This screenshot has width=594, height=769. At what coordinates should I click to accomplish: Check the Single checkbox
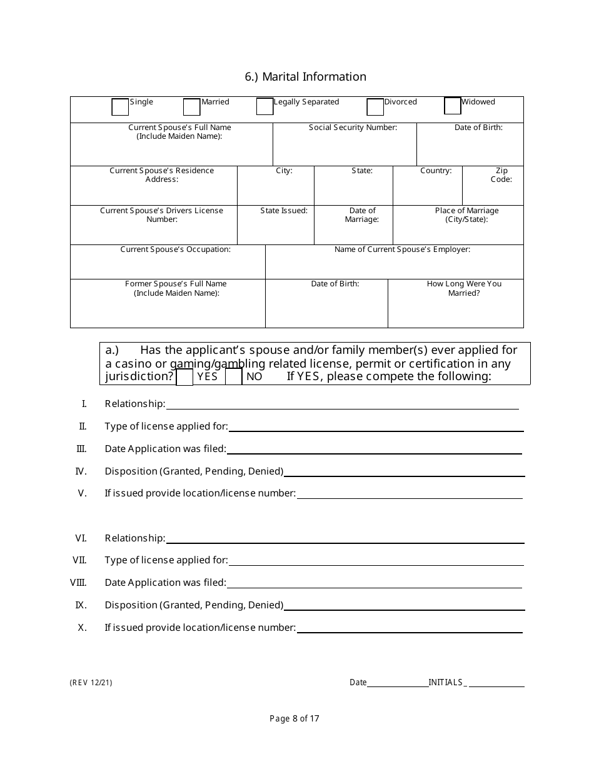[x=120, y=108]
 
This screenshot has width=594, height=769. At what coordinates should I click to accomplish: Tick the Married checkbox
[x=192, y=108]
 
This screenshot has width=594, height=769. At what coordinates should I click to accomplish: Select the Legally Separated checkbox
[x=265, y=107]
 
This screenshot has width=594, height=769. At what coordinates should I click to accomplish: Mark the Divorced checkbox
[x=375, y=108]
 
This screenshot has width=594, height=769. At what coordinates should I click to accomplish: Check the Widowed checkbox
[x=453, y=106]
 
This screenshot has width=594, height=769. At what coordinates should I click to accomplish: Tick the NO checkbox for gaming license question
[x=234, y=377]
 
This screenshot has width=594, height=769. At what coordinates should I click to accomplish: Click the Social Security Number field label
[x=353, y=128]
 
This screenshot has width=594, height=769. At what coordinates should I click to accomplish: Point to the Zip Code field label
[x=501, y=175]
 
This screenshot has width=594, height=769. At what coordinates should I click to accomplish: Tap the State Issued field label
[x=284, y=211]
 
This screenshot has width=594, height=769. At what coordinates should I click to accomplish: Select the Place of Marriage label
[x=466, y=215]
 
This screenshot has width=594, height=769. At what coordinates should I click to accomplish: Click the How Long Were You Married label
[x=464, y=288]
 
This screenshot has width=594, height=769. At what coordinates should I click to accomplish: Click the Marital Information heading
[x=306, y=77]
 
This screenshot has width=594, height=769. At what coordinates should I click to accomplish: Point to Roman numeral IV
[x=81, y=471]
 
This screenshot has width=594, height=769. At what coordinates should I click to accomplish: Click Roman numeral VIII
[x=78, y=583]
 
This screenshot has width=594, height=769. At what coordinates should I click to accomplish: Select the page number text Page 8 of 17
[x=294, y=719]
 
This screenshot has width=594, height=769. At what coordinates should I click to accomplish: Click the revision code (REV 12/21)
[x=91, y=683]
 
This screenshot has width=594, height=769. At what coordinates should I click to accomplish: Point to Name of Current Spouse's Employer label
[x=402, y=249]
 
